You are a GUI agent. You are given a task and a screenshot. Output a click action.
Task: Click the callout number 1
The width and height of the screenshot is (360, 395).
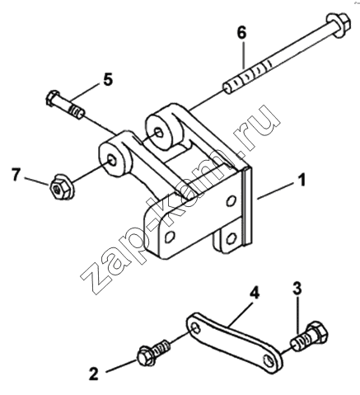click(x=302, y=181)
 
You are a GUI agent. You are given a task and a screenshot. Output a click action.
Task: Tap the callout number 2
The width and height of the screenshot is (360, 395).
click(x=94, y=374)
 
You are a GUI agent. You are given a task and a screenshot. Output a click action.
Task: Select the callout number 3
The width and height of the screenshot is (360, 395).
click(x=297, y=289)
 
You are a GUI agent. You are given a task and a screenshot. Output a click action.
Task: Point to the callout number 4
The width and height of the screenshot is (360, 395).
click(x=255, y=294)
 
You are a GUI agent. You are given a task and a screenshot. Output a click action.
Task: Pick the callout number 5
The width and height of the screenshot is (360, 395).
click(x=108, y=79)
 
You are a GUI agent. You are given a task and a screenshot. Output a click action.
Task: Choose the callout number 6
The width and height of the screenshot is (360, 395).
click(x=242, y=32)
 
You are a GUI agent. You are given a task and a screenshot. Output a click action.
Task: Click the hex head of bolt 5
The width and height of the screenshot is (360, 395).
click(x=53, y=98)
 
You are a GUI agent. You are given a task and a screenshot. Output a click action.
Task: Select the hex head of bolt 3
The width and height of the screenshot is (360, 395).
click(x=318, y=333)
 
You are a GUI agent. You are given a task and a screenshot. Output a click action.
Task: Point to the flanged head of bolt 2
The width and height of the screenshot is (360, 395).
click(x=145, y=357)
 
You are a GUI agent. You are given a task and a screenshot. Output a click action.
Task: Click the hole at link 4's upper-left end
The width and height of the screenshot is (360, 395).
click(x=194, y=328)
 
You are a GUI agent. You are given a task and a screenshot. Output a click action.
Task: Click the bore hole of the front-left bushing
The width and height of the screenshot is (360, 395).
click(x=112, y=160)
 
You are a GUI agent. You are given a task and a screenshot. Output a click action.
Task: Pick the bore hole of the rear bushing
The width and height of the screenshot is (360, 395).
click(x=159, y=133)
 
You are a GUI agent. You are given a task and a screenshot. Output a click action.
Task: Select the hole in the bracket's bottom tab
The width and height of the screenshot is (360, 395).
click(x=231, y=237)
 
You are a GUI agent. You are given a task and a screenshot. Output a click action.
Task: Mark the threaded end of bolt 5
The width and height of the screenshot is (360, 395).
click(x=77, y=112)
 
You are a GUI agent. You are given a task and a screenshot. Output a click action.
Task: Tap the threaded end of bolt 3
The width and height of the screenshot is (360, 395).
click(x=298, y=343)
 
